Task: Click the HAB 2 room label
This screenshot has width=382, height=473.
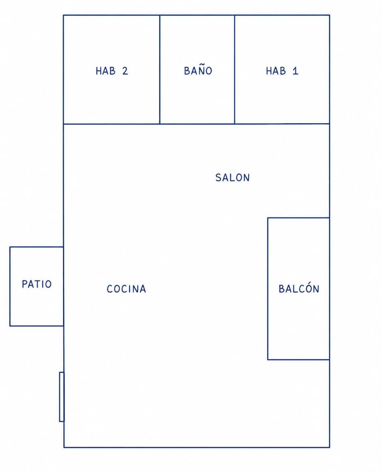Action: point(112,71)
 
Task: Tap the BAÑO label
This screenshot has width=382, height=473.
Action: point(198,70)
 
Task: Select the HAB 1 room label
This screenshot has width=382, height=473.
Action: point(282,71)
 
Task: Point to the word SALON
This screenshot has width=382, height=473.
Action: point(232,178)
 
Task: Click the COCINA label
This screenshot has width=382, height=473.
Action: point(126,289)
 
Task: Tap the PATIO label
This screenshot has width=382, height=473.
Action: point(37,284)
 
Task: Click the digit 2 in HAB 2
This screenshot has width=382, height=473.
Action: point(125,71)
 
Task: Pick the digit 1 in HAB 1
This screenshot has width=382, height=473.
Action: point(296,71)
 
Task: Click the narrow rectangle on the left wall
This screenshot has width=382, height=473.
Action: point(62,397)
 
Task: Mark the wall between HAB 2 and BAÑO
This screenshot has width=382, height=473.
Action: point(160,69)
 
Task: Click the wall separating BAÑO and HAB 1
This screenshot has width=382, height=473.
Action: point(234,69)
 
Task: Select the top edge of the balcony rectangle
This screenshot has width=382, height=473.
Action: point(299,218)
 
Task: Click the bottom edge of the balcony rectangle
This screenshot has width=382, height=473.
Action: point(299,360)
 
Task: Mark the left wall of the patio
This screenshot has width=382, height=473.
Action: point(10,287)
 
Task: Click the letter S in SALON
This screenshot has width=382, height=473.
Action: point(218,178)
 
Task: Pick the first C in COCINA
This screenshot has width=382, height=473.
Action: point(110,289)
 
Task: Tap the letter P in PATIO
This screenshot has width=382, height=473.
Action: point(25,284)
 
